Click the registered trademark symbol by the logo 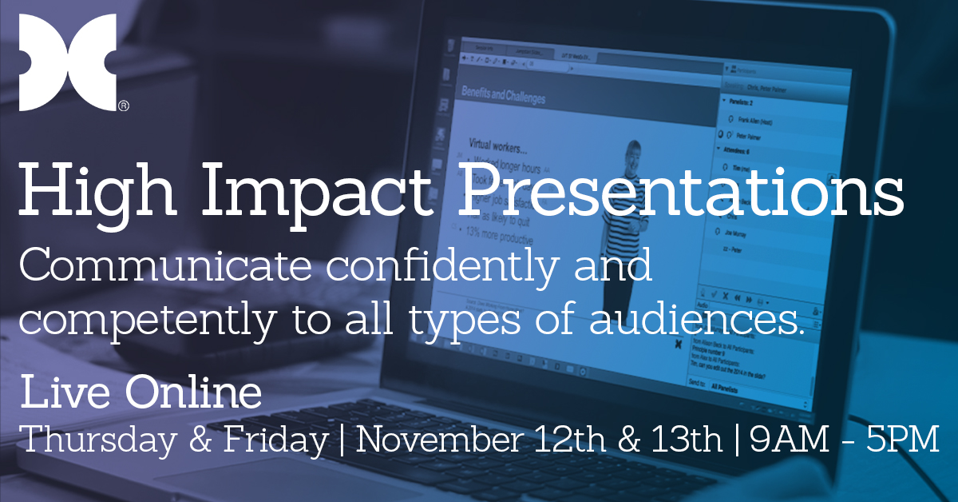tap(124, 106)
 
